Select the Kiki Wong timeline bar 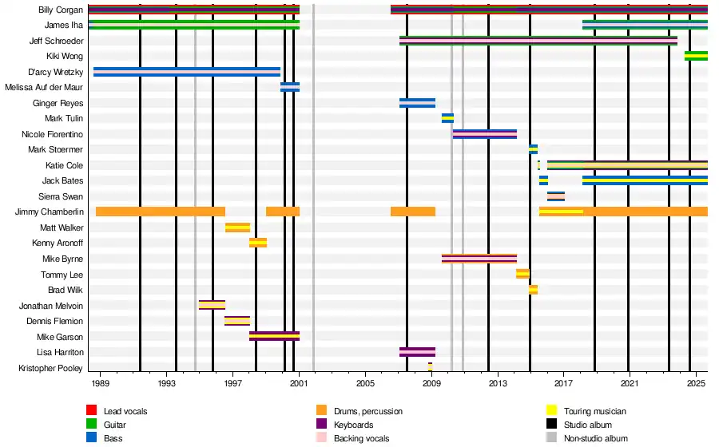(696, 56)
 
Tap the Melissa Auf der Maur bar (290, 87)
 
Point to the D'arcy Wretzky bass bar (187, 72)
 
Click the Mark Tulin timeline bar (447, 118)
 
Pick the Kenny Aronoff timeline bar (258, 243)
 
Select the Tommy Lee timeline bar (522, 274)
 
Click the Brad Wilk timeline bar (533, 290)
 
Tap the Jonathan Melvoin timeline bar (212, 305)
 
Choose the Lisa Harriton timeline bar (417, 352)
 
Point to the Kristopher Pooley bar (430, 367)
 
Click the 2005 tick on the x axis (365, 383)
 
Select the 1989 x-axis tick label (100, 383)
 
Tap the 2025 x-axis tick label (695, 383)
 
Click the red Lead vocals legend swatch (92, 411)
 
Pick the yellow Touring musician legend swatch (551, 411)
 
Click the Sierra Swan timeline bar (556, 196)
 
